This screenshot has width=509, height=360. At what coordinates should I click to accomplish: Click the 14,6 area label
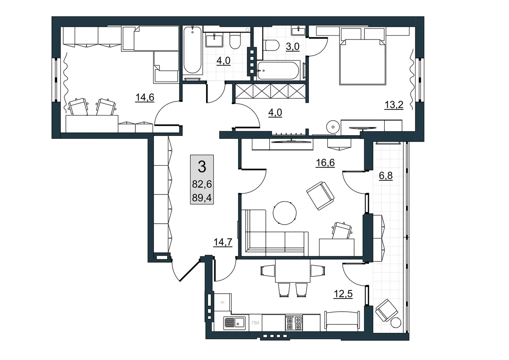145,98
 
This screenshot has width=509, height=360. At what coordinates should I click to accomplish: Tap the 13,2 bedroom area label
394,105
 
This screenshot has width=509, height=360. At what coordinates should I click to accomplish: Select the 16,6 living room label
325,163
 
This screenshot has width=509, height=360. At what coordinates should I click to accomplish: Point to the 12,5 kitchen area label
343,294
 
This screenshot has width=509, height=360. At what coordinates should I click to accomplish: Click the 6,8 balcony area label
386,176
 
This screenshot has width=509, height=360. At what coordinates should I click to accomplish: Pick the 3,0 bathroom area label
292,47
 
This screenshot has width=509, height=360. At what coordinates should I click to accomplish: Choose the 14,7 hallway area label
223,242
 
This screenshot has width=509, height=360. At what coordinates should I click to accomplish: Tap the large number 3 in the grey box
202,166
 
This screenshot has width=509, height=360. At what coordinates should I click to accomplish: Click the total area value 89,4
202,198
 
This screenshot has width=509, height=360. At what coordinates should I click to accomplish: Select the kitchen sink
235,323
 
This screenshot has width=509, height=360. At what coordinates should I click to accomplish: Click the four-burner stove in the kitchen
294,323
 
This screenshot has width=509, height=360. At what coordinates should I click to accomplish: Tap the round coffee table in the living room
285,213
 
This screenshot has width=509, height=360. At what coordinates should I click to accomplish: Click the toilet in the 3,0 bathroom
271,45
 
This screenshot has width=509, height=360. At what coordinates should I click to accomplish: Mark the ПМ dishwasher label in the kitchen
255,323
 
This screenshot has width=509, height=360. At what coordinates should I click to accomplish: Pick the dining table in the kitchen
293,271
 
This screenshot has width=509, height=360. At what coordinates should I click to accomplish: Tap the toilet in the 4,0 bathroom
235,41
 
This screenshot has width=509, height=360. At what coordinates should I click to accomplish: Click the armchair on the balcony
386,310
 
